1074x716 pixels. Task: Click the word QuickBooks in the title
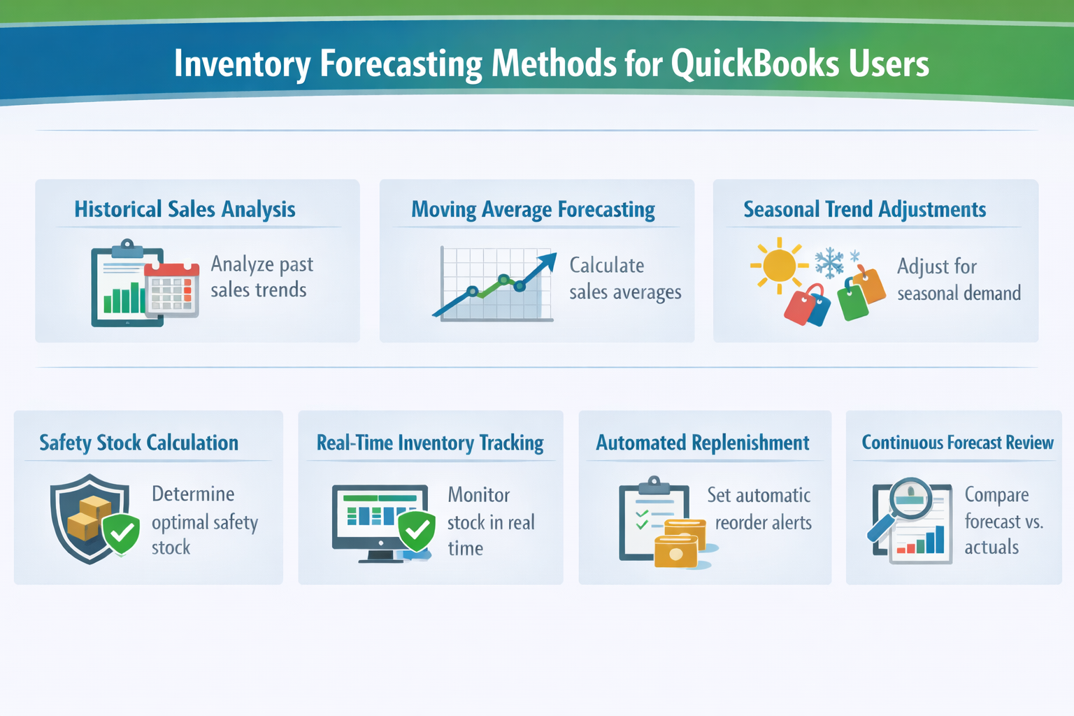tap(754, 64)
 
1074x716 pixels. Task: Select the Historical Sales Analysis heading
tap(185, 209)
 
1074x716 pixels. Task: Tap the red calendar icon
tap(172, 289)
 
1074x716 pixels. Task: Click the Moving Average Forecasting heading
tap(533, 210)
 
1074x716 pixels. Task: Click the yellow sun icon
tap(779, 266)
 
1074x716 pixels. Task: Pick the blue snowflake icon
tap(830, 262)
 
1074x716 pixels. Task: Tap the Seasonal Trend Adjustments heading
tap(864, 209)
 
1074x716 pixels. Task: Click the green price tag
tap(852, 301)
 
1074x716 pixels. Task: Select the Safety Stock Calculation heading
tap(138, 443)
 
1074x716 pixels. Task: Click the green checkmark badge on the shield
tap(122, 535)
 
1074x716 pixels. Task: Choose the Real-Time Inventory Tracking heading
tap(429, 443)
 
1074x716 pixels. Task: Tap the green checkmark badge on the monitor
tap(417, 532)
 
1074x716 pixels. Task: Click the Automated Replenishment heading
tap(702, 443)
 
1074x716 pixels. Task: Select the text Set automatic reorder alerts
tap(761, 508)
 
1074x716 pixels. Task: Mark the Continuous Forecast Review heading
tap(957, 443)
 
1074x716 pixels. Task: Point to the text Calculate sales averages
tap(624, 278)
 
